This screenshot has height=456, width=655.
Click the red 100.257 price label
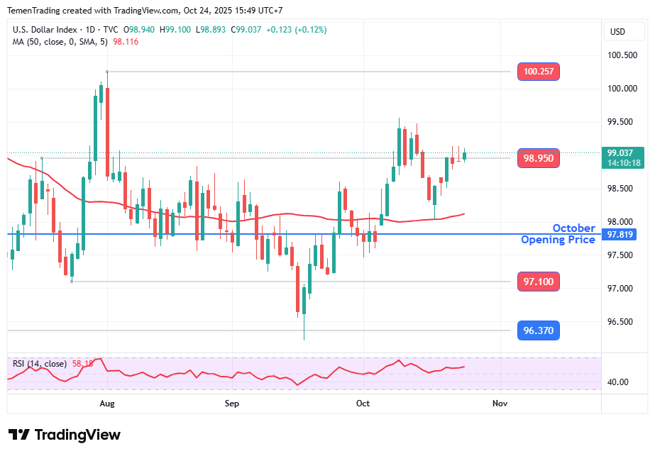click(539, 72)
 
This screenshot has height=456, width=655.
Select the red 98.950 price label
click(539, 158)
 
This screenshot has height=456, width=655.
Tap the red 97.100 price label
click(539, 282)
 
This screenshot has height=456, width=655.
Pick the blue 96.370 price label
click(539, 330)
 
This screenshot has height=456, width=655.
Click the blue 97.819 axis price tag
click(622, 235)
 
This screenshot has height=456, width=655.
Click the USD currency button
click(617, 32)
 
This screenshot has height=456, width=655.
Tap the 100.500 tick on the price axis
click(622, 55)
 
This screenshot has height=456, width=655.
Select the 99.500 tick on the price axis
click(622, 122)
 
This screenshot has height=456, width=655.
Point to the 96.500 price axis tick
click(622, 322)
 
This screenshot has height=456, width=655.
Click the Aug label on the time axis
click(107, 404)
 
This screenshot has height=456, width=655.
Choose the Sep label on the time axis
click(232, 404)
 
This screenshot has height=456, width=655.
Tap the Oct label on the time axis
click(363, 404)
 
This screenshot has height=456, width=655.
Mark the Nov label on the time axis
click(500, 404)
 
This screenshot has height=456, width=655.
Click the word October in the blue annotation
click(573, 228)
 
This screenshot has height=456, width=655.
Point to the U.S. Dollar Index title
click(45, 30)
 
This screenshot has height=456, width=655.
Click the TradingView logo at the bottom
click(65, 435)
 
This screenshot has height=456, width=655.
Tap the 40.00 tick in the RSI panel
click(619, 382)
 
